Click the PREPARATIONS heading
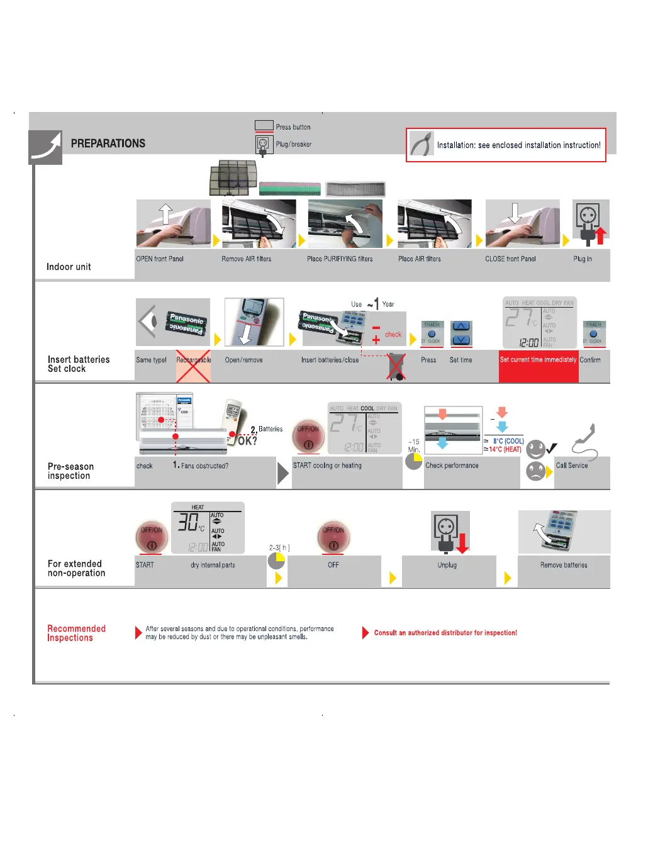[108, 143]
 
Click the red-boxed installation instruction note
[506, 145]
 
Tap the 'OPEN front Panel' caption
[160, 259]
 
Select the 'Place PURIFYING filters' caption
[340, 259]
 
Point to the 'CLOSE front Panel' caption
[510, 259]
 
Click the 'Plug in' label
[583, 259]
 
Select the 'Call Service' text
[572, 466]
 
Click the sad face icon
[535, 471]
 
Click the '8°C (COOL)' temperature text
[508, 441]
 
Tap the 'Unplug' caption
[447, 565]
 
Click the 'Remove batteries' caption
[564, 565]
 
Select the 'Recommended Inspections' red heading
[76, 633]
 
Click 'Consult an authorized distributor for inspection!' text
[445, 633]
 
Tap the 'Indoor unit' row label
[69, 267]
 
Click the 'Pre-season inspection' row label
[70, 471]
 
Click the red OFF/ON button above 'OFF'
[333, 537]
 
